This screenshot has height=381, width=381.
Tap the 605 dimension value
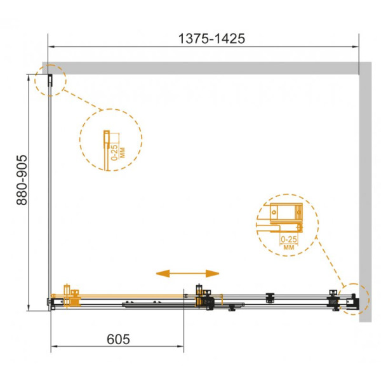117,339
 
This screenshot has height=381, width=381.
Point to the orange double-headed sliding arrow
187,273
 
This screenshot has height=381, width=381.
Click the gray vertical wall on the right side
364,190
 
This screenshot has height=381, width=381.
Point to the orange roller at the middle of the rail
206,297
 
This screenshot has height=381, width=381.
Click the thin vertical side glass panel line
50,190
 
